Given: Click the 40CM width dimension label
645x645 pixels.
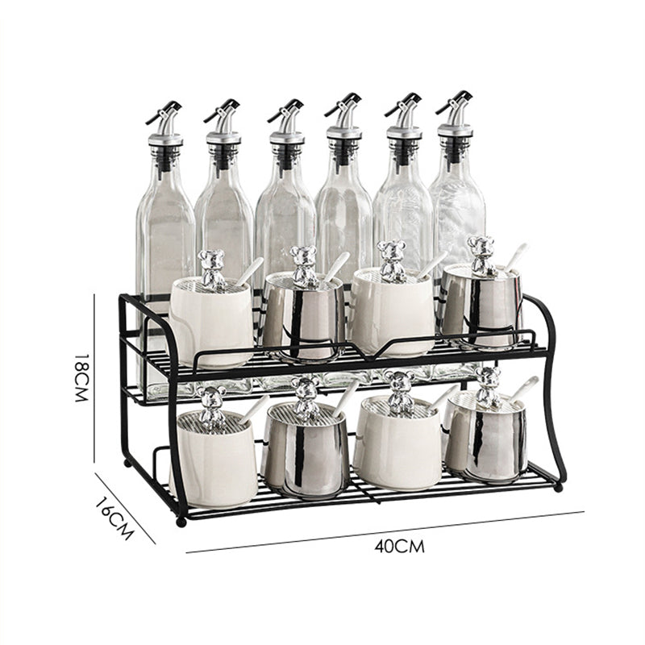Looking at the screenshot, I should click(399, 546).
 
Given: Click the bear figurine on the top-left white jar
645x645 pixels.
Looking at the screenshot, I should click(213, 268).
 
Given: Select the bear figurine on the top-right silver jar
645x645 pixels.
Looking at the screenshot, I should click(482, 256).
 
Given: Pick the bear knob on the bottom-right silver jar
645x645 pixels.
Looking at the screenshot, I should click(487, 388).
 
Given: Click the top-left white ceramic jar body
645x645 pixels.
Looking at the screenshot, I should click(211, 322).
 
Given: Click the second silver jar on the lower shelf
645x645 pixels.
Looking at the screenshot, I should click(306, 451).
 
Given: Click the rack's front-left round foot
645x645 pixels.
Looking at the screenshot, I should click(181, 522).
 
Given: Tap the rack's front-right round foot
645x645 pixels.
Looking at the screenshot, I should click(558, 488).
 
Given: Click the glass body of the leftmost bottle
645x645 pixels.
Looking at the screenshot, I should click(164, 234).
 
